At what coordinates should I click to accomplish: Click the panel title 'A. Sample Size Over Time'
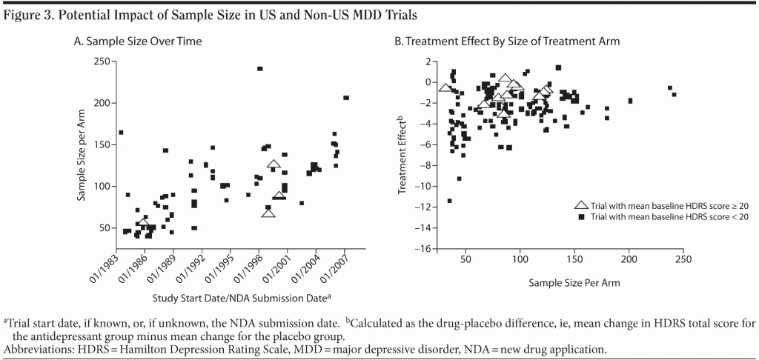137,41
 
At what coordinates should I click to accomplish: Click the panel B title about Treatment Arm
506,41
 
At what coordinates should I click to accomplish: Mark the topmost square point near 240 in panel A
259,69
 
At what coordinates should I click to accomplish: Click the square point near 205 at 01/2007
346,98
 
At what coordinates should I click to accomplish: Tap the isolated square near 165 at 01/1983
121,133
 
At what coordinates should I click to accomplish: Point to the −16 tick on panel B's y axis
427,249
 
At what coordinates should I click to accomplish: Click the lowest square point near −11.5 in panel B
449,201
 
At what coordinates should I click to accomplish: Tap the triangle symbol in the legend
582,204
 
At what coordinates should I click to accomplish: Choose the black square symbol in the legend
582,216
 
